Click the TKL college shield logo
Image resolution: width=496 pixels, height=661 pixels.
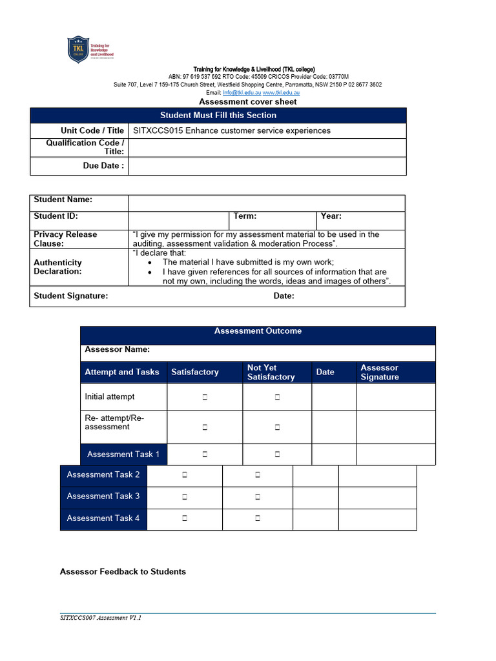[x=77, y=49]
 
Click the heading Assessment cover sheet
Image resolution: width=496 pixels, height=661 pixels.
[x=248, y=102]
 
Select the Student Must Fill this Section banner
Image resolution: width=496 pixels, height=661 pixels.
[x=218, y=116]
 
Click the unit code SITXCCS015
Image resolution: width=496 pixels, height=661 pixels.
[x=158, y=131]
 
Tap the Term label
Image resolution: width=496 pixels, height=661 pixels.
[x=245, y=217]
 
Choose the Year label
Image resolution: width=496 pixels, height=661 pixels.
[x=331, y=217]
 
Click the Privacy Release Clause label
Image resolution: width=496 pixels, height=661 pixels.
[x=65, y=239]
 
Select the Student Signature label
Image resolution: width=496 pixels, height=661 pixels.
[x=71, y=296]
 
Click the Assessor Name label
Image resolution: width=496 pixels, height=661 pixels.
[x=118, y=350]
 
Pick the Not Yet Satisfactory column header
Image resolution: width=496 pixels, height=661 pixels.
[x=271, y=372]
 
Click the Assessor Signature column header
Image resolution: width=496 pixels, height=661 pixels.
[x=380, y=372]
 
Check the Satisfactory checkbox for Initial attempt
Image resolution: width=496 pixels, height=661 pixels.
[x=204, y=398]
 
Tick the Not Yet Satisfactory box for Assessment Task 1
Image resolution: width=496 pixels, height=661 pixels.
[x=277, y=454]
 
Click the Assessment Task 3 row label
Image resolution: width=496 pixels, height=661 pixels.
[x=103, y=496]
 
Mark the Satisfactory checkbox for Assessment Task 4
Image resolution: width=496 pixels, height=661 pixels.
[x=184, y=518]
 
